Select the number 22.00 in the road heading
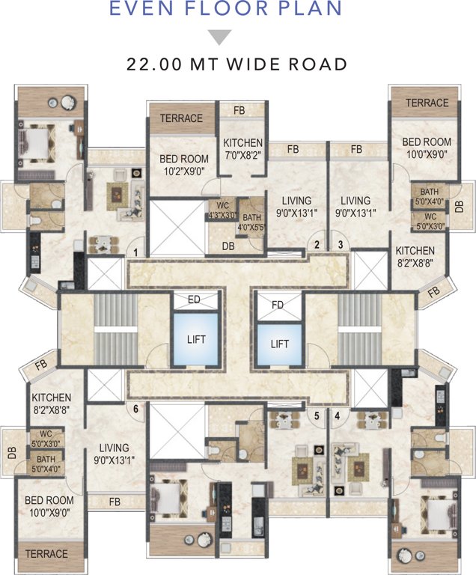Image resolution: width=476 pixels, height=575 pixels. click(153, 65)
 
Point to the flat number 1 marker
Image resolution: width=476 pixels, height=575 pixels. click(135, 252)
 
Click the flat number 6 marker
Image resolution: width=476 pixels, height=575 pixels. click(135, 409)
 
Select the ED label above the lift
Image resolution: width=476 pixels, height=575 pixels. click(195, 300)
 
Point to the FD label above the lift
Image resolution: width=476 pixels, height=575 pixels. click(278, 305)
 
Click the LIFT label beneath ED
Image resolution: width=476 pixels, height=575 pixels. click(195, 339)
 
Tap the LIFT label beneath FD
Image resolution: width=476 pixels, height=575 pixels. click(279, 344)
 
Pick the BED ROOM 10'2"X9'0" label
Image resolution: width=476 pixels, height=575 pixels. click(183, 165)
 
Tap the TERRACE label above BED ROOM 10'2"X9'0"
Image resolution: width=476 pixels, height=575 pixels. click(181, 118)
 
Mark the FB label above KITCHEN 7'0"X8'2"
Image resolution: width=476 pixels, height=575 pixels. click(239, 111)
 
